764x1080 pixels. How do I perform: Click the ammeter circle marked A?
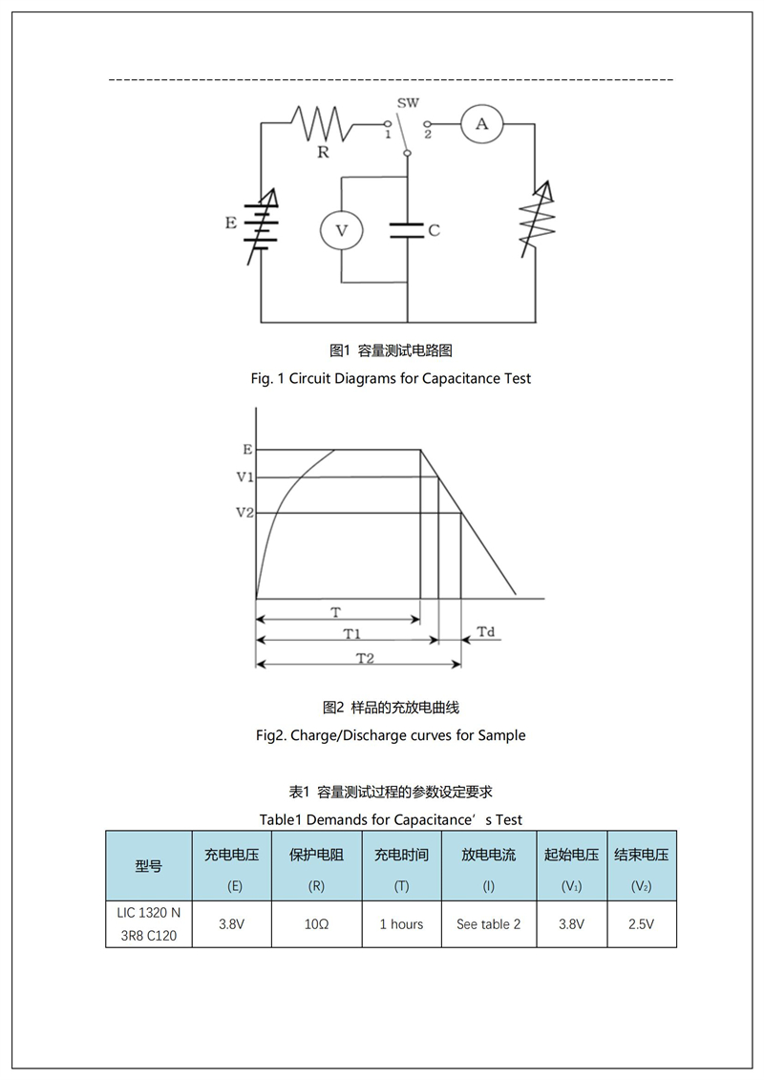click(x=481, y=124)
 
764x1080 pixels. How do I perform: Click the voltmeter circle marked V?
click(x=342, y=230)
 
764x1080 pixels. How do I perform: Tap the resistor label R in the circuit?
click(x=323, y=152)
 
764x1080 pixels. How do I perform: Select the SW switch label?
click(x=408, y=102)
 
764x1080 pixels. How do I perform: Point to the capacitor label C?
click(x=434, y=230)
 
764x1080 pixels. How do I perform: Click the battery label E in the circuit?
click(x=231, y=222)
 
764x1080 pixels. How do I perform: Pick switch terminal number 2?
click(x=428, y=135)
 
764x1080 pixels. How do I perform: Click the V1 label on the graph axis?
click(x=245, y=476)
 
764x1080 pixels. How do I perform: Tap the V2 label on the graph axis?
click(x=245, y=513)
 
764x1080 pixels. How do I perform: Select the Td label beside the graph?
click(x=486, y=631)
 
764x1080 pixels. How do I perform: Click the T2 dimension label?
click(x=365, y=659)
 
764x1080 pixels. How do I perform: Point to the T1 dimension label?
click(x=352, y=634)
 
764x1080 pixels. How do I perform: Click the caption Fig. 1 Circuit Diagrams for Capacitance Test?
click(x=391, y=378)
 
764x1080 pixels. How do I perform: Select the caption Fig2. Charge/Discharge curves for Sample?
click(x=391, y=735)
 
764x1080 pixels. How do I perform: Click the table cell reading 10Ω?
click(x=317, y=924)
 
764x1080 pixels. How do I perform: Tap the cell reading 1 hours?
click(x=402, y=924)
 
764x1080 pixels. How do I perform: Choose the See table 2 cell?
click(x=489, y=924)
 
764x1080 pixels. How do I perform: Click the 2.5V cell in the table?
click(x=642, y=924)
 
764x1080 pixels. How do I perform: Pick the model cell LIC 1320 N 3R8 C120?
click(x=149, y=924)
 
